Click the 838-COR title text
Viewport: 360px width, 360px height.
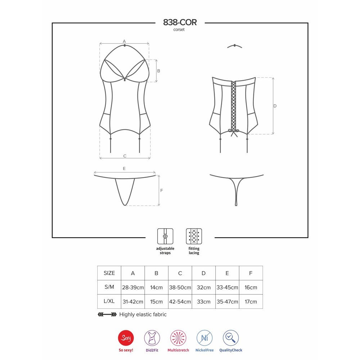180,22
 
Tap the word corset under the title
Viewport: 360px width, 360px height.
179,30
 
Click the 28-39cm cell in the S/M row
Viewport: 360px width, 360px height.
133,287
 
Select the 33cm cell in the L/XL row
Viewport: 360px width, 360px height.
204,302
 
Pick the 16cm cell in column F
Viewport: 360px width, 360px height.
251,287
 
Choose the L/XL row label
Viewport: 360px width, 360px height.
109,301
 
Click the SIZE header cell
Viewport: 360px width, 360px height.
109,273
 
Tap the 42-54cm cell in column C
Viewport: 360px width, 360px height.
180,302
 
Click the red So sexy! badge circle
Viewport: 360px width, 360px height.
126,338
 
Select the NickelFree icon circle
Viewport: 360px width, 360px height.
204,338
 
